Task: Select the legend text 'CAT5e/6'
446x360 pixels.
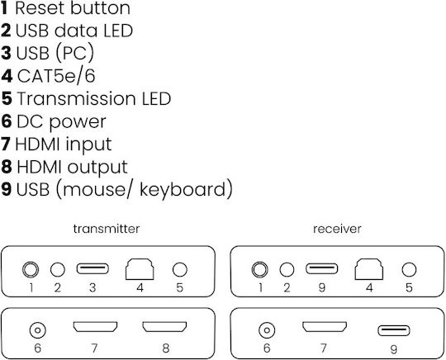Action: (56, 76)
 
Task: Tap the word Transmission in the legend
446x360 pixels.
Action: (76, 99)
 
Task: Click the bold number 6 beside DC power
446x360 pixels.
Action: (7, 121)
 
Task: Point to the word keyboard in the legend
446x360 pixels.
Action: (183, 189)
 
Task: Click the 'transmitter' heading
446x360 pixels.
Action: (106, 229)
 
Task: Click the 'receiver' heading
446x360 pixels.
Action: (337, 229)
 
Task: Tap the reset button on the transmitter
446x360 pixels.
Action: (31, 269)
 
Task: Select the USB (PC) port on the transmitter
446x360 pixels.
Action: (93, 268)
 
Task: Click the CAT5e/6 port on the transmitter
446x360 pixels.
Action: (140, 269)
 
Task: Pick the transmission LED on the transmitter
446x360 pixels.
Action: (180, 269)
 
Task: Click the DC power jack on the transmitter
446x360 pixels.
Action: (37, 330)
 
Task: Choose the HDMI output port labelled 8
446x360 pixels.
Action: (164, 327)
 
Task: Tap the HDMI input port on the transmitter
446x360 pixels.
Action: (95, 327)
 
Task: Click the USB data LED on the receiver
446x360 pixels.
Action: (287, 269)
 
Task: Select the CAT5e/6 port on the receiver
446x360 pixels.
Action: (369, 269)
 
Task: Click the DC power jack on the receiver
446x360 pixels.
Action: (267, 330)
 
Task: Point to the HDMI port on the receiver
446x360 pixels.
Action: (325, 327)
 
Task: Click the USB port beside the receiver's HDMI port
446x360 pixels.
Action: (394, 330)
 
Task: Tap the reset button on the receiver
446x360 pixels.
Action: (259, 269)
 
